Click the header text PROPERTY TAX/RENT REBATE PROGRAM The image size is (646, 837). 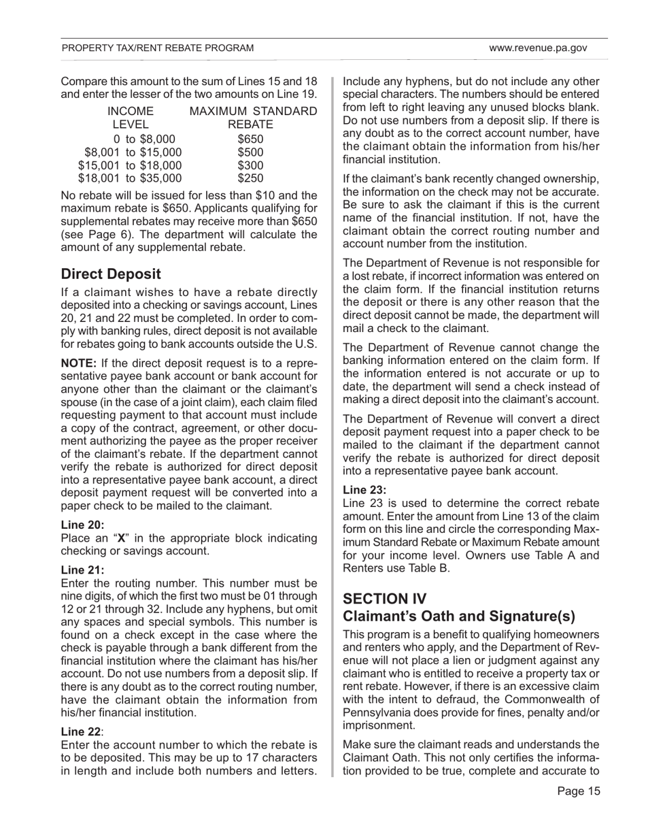click(x=158, y=48)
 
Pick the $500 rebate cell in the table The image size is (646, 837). click(x=250, y=153)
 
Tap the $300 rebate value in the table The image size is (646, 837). click(x=250, y=165)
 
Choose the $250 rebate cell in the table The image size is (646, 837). click(x=250, y=178)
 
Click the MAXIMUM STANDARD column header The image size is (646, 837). click(x=253, y=112)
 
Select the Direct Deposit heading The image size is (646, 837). click(x=111, y=274)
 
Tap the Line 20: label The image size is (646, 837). click(x=82, y=525)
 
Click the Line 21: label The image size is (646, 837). click(x=82, y=570)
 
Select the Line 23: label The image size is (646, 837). click(x=364, y=489)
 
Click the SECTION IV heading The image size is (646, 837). click(x=385, y=598)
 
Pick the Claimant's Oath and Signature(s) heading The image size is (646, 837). click(x=459, y=617)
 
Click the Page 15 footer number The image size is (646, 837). click(x=579, y=791)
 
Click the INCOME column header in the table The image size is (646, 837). click(x=131, y=112)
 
